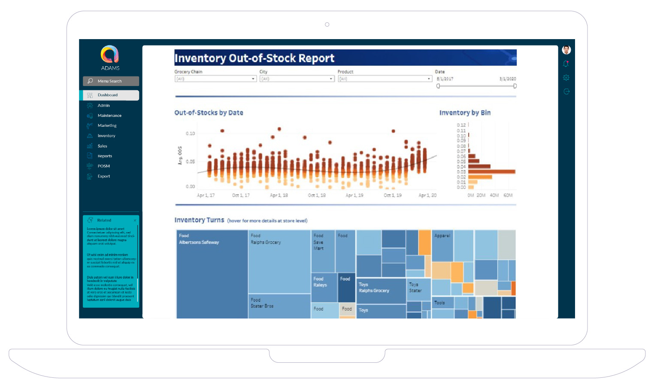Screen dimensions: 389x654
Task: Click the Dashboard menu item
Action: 110,95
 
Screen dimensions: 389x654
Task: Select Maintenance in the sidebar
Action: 109,116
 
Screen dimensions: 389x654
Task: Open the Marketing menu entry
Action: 107,126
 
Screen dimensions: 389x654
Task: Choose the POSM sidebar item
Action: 103,166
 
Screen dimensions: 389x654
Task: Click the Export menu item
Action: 103,176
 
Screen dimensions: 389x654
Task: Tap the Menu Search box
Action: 111,81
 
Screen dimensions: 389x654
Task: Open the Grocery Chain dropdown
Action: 215,79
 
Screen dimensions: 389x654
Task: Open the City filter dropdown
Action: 297,79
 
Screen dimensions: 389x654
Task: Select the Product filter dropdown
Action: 385,79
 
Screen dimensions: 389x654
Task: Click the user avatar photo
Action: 566,50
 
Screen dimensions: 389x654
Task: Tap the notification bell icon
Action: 566,64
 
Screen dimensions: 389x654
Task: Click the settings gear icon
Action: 566,78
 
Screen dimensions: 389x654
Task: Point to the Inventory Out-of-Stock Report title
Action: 254,58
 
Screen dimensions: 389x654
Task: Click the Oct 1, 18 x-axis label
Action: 317,195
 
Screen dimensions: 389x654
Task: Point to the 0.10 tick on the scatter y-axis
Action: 190,134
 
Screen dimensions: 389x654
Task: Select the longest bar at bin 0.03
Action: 491,172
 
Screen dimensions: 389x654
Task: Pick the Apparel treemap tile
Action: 442,245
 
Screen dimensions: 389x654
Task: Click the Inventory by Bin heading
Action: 465,113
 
